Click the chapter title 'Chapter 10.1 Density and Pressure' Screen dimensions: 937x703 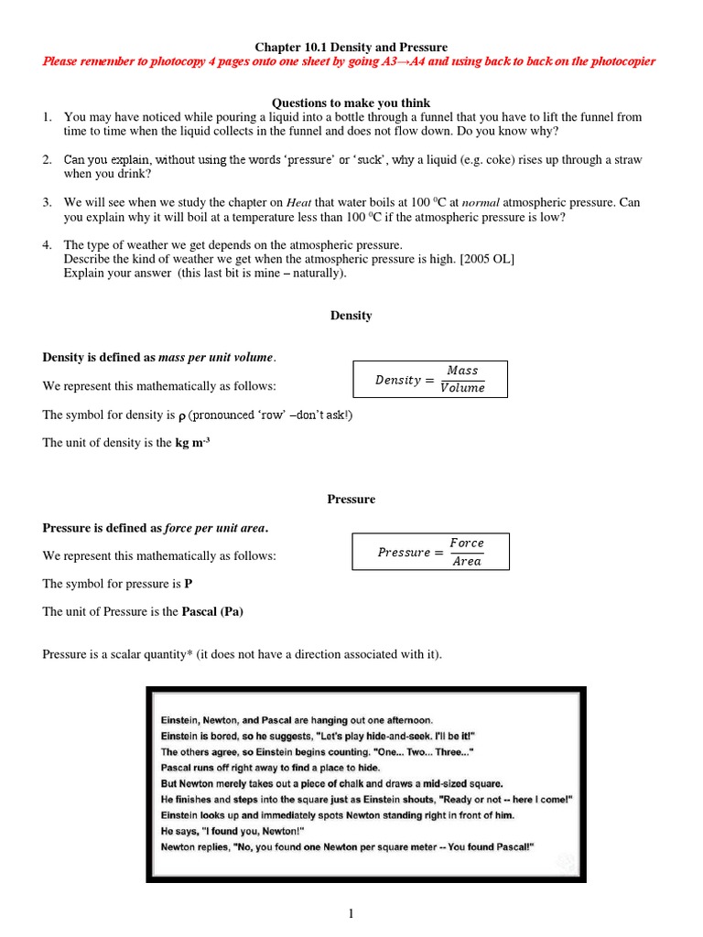click(351, 47)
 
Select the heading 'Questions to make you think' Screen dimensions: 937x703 click(351, 102)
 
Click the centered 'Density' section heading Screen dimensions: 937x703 click(351, 316)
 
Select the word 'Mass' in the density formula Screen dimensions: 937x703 click(462, 371)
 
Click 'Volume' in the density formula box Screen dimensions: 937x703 click(462, 388)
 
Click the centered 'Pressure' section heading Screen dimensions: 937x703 click(351, 500)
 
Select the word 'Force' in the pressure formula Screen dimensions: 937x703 click(467, 544)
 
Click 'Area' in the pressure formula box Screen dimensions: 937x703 click(467, 562)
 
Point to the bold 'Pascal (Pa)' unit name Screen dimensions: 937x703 click(212, 612)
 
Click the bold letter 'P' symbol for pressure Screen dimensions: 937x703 click(189, 584)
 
